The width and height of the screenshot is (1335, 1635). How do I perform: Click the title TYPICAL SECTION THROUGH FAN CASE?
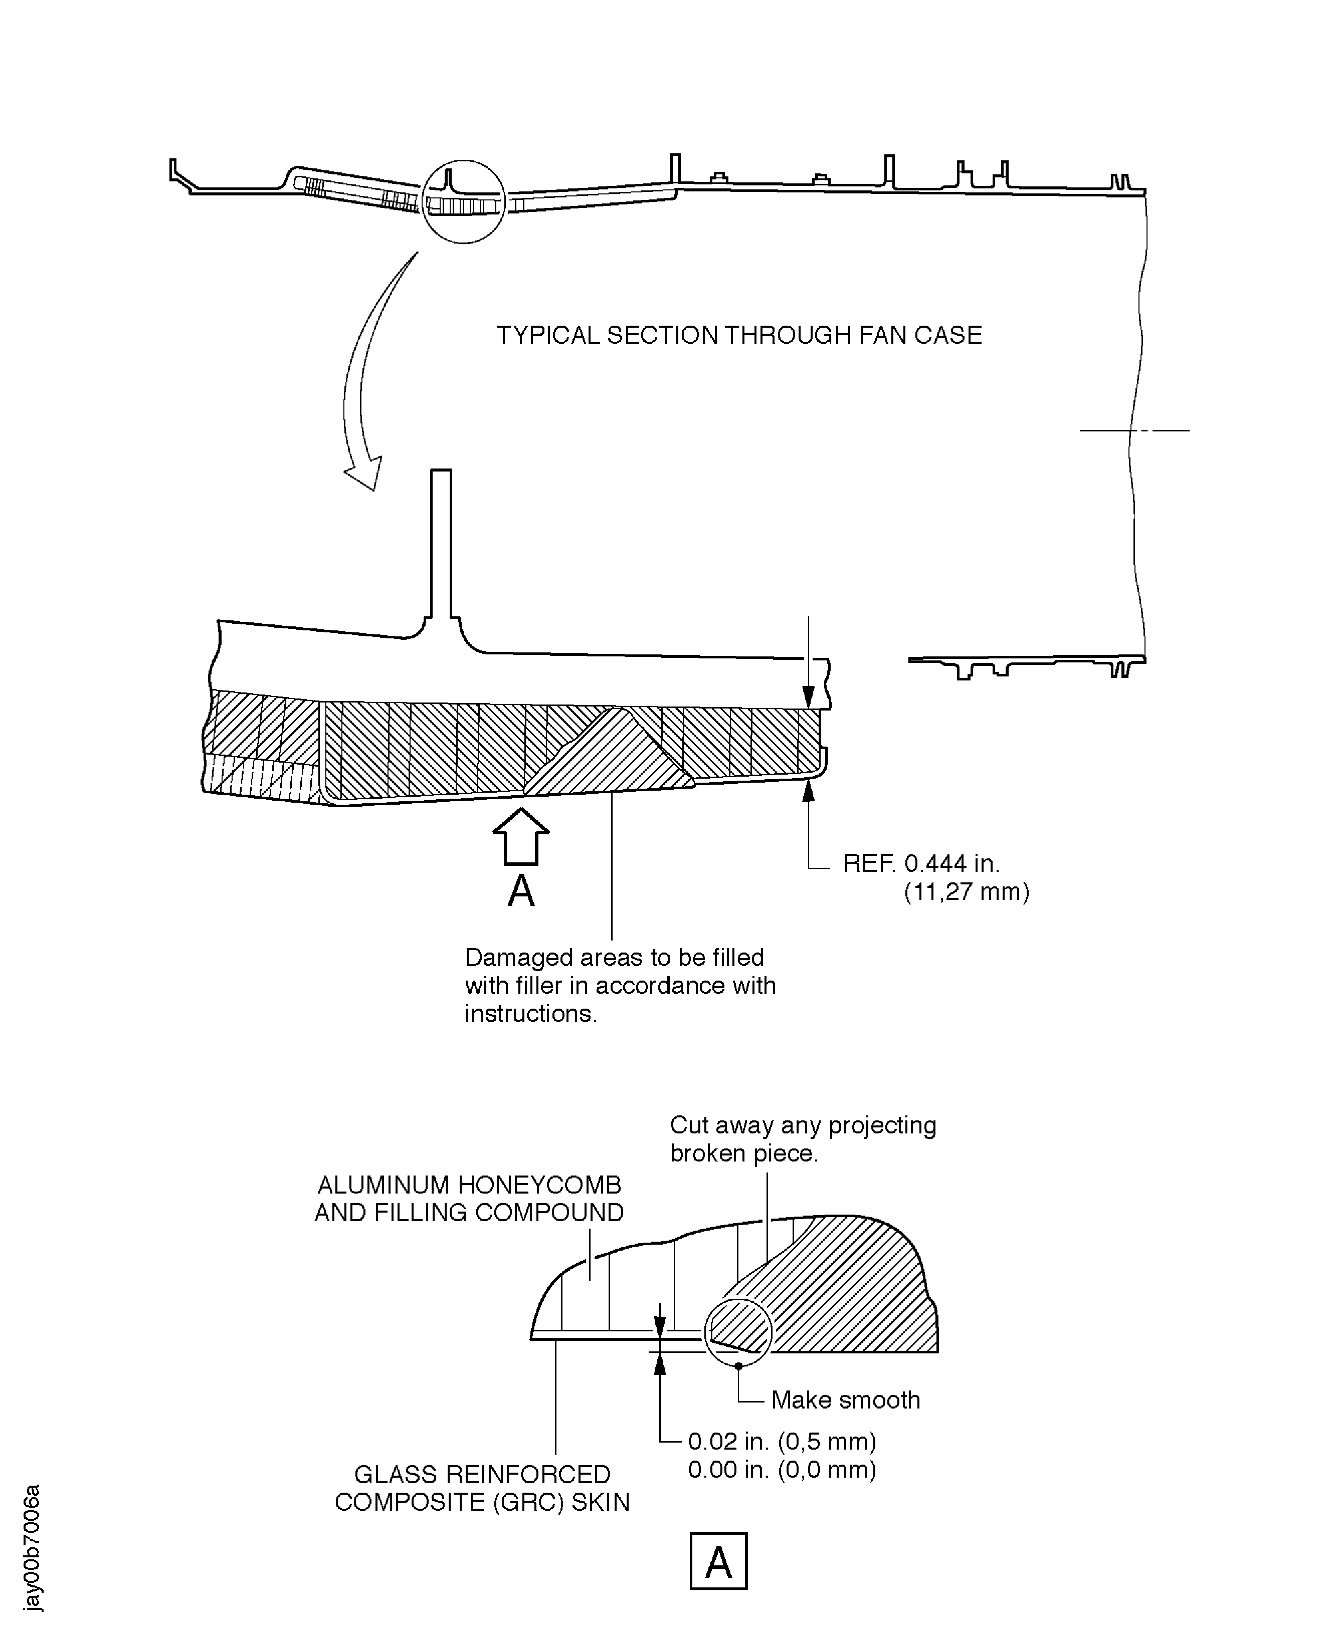(738, 335)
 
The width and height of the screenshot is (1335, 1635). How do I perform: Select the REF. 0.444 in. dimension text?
(921, 863)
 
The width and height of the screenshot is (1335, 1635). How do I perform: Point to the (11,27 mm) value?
(966, 892)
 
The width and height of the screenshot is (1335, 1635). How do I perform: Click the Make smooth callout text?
(845, 1400)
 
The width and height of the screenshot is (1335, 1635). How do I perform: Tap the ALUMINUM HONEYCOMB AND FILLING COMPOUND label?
(469, 1199)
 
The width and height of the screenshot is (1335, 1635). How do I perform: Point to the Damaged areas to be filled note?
(620, 986)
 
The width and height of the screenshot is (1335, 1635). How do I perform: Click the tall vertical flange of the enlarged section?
(441, 546)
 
